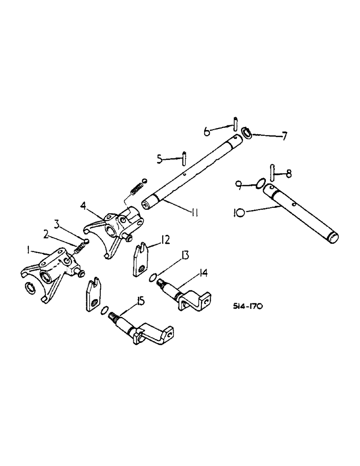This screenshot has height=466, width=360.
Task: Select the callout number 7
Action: (284, 137)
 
